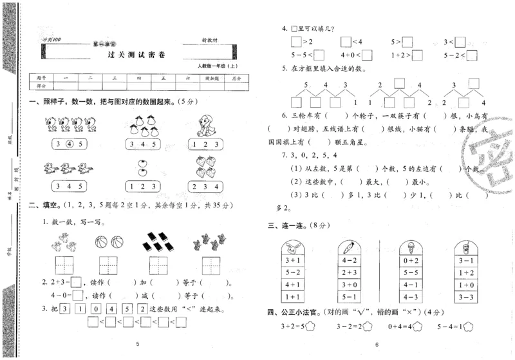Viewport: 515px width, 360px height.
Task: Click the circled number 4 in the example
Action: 70,144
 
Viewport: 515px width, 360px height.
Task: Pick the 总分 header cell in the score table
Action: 236,78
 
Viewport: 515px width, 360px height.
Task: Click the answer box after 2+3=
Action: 76,281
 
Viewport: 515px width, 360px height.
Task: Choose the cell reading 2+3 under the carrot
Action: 351,272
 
